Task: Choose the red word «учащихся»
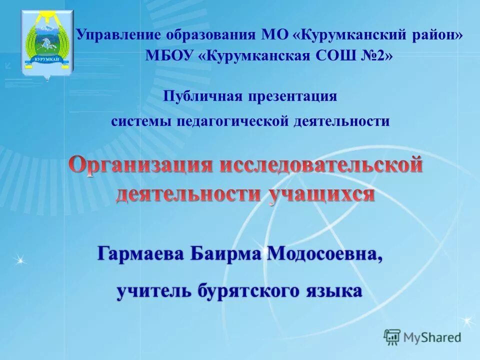click(x=322, y=193)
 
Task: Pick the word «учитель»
click(x=154, y=290)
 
